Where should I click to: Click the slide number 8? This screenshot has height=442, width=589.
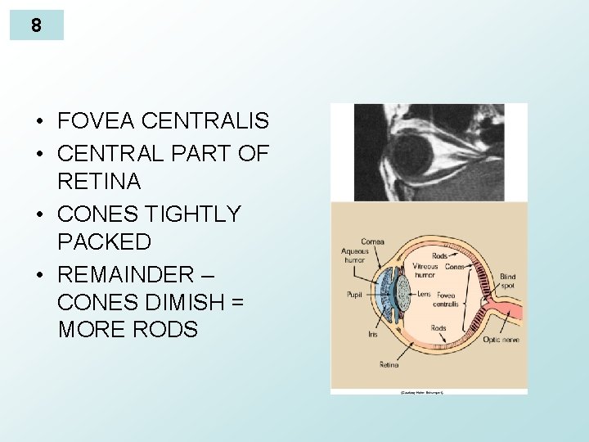tap(36, 25)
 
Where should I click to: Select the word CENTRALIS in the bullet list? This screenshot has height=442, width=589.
tap(205, 122)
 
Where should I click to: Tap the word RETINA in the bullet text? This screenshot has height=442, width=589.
tap(99, 182)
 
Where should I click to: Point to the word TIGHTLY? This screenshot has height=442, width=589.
tap(192, 214)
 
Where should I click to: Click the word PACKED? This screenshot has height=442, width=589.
tap(104, 242)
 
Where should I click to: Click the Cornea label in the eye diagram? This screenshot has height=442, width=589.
tap(372, 242)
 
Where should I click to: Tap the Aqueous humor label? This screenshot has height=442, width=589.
tap(355, 257)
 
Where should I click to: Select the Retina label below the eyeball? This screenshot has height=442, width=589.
tap(389, 364)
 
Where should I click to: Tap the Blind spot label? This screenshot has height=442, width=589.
tap(507, 282)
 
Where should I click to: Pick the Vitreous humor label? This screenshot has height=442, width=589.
tap(425, 270)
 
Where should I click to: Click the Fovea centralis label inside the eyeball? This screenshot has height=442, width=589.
tap(447, 300)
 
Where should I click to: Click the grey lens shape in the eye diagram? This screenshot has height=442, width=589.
tap(403, 294)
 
